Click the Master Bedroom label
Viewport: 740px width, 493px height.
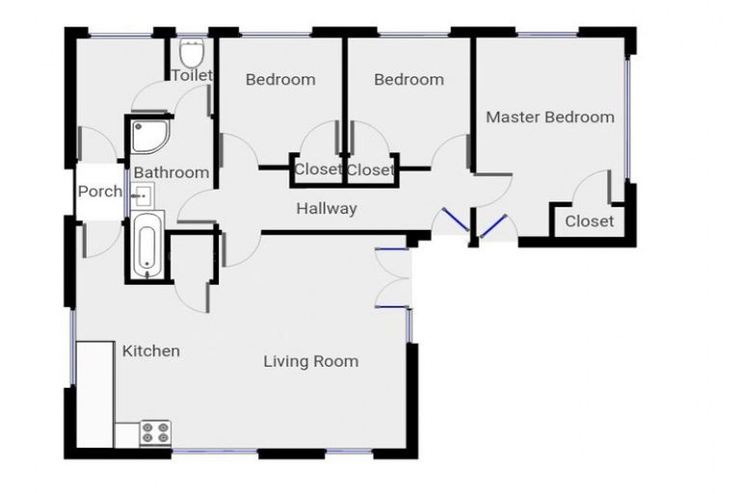(549, 117)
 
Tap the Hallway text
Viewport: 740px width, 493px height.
(326, 208)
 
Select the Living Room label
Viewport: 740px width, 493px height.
(310, 361)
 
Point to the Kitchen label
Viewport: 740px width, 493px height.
(150, 350)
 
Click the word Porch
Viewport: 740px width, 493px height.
(99, 191)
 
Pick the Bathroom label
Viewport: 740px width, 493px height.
(171, 172)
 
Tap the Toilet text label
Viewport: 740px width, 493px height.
(192, 75)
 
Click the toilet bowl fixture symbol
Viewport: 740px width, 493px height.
(192, 51)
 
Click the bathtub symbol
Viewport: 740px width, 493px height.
(145, 246)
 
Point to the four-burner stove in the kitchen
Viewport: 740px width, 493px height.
(155, 432)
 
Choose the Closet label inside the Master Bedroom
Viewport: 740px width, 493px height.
(589, 221)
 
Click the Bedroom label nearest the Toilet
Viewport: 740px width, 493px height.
(279, 79)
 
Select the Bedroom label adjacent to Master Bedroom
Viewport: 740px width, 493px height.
(409, 79)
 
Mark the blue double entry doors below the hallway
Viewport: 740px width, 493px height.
(472, 225)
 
